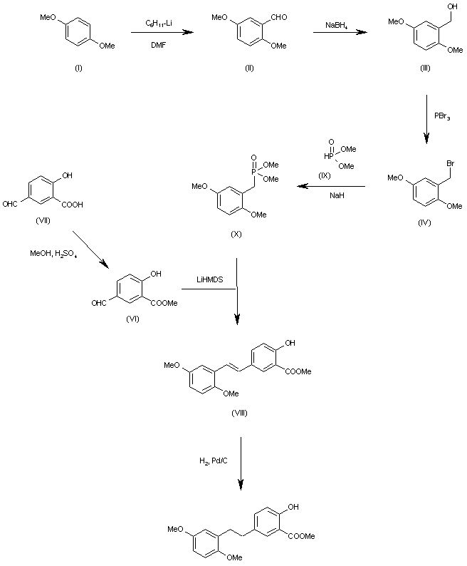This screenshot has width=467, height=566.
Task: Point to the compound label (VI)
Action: click(x=130, y=319)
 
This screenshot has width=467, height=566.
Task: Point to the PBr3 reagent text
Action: click(x=442, y=115)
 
